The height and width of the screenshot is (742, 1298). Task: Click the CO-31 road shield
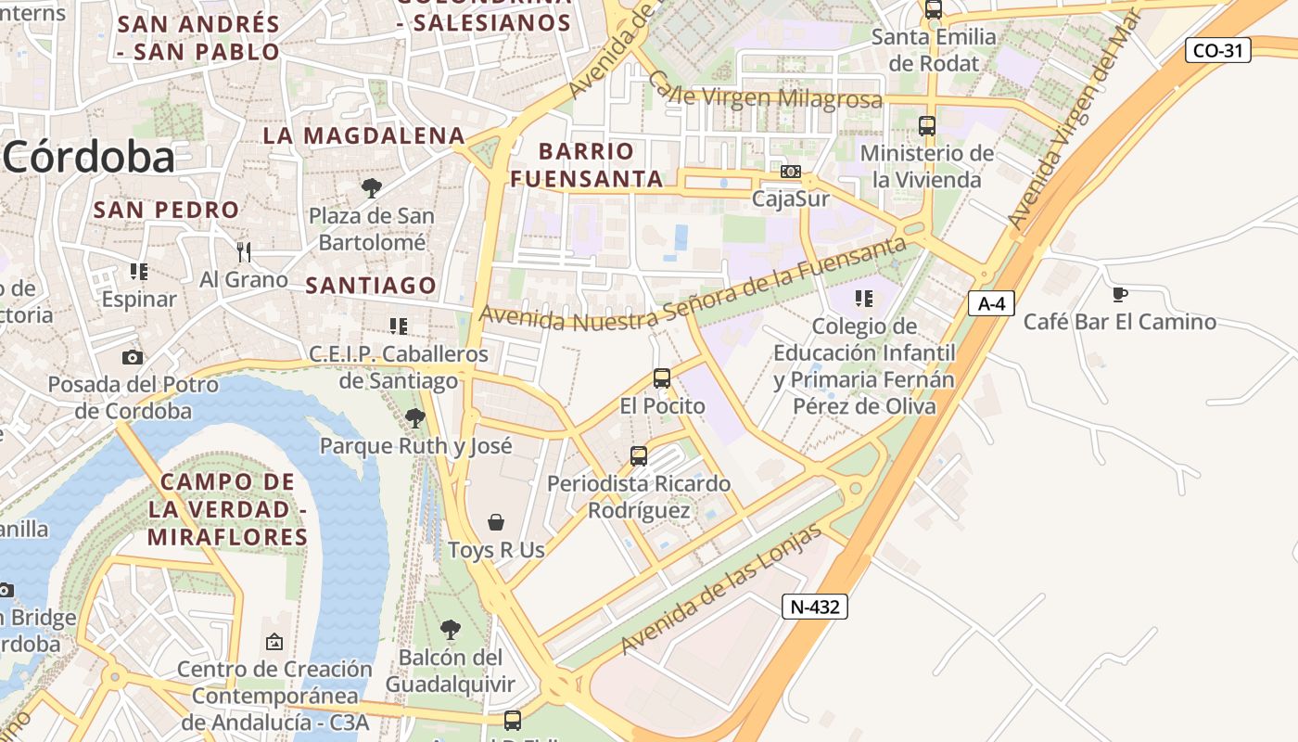click(x=1217, y=50)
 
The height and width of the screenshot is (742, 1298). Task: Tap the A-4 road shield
click(x=991, y=303)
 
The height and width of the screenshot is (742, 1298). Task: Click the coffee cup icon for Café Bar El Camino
click(x=1119, y=295)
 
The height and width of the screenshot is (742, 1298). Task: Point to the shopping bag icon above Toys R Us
click(x=496, y=522)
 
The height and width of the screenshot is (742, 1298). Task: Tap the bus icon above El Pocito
click(x=662, y=378)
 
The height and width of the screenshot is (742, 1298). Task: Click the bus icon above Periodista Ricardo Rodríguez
click(x=639, y=456)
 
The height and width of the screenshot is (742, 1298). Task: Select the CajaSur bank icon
click(x=790, y=172)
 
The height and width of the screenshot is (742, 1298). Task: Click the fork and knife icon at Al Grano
click(x=244, y=251)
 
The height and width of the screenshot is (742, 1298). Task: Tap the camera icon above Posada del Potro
click(x=133, y=357)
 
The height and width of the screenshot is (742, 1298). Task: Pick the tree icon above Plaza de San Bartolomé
click(x=371, y=188)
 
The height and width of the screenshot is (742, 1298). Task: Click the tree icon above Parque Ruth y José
click(x=415, y=418)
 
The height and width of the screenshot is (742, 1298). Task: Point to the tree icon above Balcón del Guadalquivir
click(x=450, y=630)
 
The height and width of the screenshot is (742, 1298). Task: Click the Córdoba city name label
click(x=88, y=158)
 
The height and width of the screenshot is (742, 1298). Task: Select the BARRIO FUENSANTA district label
click(x=587, y=164)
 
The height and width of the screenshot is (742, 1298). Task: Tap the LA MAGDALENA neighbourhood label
click(x=363, y=135)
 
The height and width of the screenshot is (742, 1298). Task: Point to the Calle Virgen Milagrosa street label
click(x=765, y=96)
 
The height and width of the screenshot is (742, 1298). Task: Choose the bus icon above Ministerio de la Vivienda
click(x=926, y=126)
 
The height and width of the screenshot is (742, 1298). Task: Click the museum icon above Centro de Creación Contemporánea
click(x=274, y=642)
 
